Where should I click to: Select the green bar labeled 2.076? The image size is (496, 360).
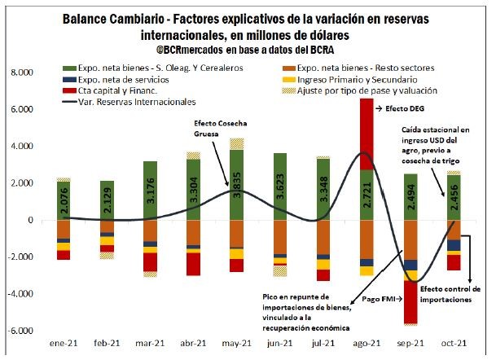pos(62,200)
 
